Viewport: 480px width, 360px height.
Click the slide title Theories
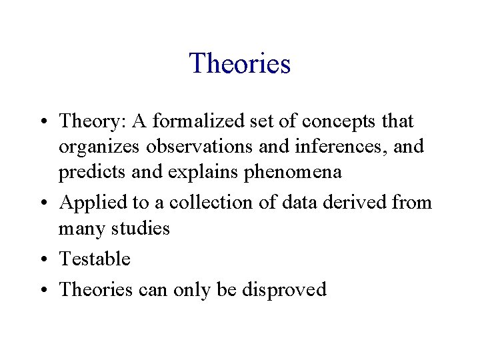(x=240, y=64)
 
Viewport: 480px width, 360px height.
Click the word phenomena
(x=295, y=172)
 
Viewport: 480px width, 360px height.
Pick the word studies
(x=140, y=229)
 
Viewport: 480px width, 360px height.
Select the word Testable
(x=95, y=259)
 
